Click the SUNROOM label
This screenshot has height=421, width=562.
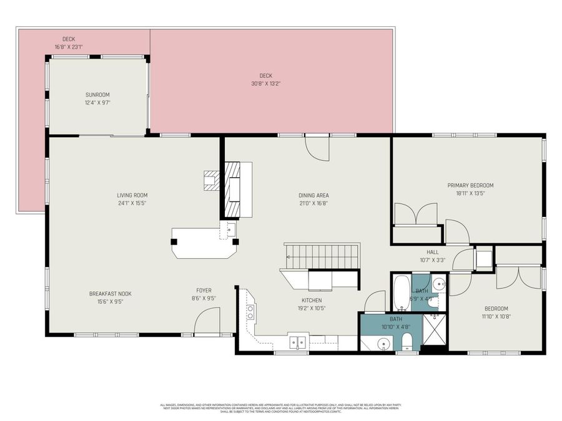click(97, 95)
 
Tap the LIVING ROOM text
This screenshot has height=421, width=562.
click(132, 195)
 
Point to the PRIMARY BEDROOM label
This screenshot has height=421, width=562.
click(470, 185)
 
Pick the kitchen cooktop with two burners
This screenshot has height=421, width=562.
click(250, 311)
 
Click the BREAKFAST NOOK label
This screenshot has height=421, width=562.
click(110, 294)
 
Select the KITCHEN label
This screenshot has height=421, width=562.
click(312, 300)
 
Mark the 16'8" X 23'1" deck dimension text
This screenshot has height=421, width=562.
click(69, 47)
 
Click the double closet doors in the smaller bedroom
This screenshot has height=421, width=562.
click(519, 278)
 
